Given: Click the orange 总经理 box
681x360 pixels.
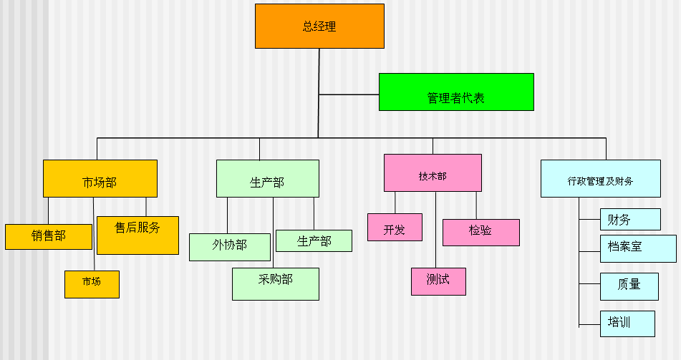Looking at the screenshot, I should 319,26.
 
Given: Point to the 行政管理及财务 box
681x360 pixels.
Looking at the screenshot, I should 600,179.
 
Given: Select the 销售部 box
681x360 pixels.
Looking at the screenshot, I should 49,237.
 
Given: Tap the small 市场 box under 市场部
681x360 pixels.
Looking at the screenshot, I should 92,284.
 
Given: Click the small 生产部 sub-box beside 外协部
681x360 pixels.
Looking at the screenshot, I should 314,241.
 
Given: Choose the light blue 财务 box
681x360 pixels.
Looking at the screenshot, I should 619,219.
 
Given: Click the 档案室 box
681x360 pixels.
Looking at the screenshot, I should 625,248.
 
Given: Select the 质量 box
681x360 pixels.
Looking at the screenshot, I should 628,286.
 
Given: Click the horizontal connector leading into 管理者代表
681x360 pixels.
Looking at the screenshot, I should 349,94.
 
